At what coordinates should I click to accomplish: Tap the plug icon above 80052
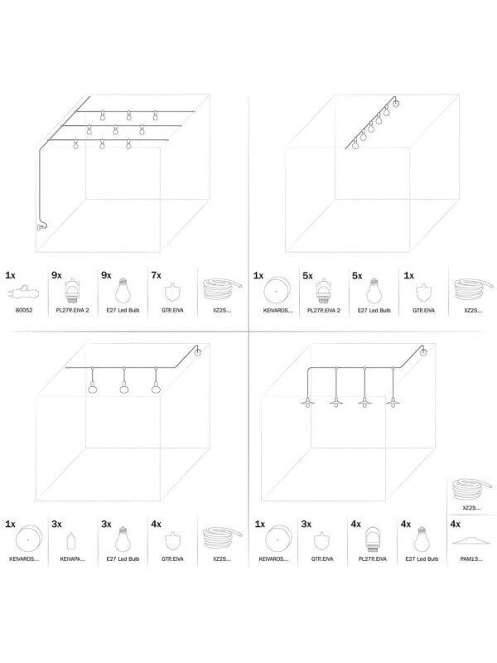[x=25, y=292]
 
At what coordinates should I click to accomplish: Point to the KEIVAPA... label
[x=73, y=559]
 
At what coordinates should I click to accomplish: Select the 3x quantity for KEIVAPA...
[x=57, y=524]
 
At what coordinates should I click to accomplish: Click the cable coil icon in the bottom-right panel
[x=470, y=490]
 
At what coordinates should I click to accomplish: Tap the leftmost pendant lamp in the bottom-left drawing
[x=92, y=389]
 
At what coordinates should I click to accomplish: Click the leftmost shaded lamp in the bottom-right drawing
[x=307, y=403]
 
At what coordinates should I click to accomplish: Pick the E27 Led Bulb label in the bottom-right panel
[x=420, y=559]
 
